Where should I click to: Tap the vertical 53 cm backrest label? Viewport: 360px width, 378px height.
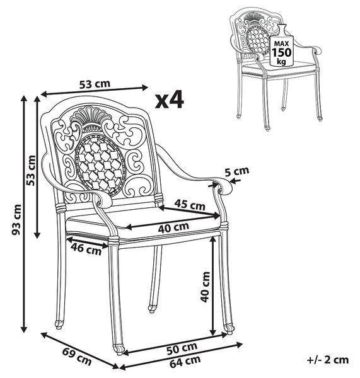[31, 171]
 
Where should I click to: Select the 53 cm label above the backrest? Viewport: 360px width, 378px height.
[95, 84]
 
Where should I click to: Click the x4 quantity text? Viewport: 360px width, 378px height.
[170, 100]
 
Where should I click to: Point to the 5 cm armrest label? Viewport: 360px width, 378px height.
[236, 171]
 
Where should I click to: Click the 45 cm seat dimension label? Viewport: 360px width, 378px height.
[190, 205]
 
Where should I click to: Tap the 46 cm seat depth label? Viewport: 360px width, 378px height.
[86, 249]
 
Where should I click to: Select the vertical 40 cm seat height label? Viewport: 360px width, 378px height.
[206, 287]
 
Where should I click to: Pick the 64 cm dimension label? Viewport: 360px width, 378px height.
[185, 362]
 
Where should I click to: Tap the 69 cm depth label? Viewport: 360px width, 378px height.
[77, 357]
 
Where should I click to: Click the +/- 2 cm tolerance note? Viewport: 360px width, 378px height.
[327, 360]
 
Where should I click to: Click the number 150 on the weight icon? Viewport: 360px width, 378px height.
[282, 52]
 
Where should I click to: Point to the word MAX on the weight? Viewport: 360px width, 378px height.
[282, 44]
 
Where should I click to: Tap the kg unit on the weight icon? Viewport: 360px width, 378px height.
[281, 62]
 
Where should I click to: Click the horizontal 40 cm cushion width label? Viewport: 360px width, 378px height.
[174, 227]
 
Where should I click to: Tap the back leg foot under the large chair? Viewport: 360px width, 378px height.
[152, 308]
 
